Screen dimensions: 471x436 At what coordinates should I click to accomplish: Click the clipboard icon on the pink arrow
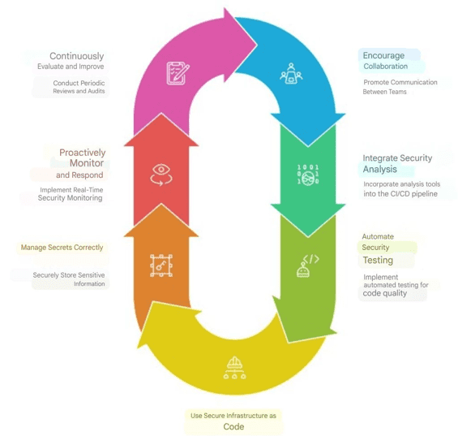178,73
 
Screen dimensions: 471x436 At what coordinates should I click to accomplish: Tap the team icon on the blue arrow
291,74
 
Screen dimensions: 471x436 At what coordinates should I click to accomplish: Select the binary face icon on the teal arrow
308,175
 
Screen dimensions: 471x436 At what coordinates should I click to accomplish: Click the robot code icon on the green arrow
307,265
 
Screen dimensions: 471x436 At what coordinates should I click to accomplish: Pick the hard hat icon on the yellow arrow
234,368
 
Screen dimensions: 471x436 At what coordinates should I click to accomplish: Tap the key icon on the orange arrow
161,265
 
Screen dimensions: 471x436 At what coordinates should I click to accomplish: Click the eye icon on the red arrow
161,175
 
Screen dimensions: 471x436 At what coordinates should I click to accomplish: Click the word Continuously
76,56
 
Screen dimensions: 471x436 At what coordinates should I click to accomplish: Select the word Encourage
383,55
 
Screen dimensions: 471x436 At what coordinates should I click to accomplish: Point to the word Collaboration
386,67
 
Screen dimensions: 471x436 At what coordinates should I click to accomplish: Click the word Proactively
83,153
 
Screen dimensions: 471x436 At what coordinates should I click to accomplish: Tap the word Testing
378,260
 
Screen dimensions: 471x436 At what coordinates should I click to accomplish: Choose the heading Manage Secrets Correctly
62,248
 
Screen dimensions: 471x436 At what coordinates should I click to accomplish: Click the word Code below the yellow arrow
233,427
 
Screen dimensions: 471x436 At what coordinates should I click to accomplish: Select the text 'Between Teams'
384,92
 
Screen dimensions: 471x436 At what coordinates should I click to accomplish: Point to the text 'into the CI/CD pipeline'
400,194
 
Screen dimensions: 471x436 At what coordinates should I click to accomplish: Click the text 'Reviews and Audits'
79,91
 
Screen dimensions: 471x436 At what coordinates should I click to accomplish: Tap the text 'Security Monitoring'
70,197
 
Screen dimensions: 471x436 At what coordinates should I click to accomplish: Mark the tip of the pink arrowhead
257,45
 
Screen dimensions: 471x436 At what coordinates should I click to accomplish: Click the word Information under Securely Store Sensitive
89,283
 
